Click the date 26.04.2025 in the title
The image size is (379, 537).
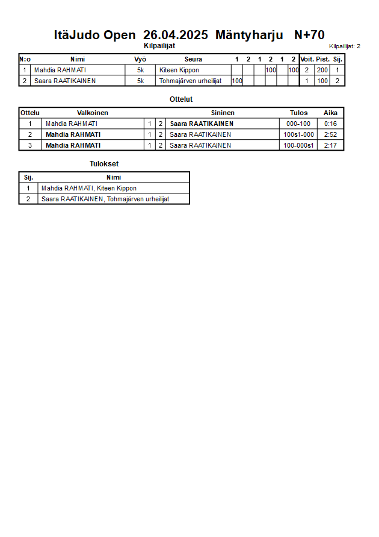[x=176, y=35]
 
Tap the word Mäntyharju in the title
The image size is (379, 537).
[x=248, y=35]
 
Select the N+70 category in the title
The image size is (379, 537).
[x=309, y=35]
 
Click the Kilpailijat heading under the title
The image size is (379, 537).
[x=159, y=46]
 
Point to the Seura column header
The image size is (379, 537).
[x=193, y=59]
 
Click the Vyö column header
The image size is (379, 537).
[x=140, y=59]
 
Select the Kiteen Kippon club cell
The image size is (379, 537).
[x=179, y=70]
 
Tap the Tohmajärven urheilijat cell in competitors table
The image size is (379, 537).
[x=191, y=81]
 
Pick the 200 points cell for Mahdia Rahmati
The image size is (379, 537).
[x=322, y=70]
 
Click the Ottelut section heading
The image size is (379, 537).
[x=181, y=99]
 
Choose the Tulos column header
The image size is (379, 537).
[x=299, y=113]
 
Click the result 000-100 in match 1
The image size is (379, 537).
[x=298, y=124]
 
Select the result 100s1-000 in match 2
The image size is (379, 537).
[x=298, y=134]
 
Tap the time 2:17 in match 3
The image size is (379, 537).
[x=330, y=145]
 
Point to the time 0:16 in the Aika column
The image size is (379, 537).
[x=330, y=124]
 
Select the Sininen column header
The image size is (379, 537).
[x=223, y=113]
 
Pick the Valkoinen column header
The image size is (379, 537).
[x=93, y=113]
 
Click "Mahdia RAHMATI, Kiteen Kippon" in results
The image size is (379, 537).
[x=89, y=188]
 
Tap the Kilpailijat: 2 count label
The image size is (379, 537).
[x=345, y=46]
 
